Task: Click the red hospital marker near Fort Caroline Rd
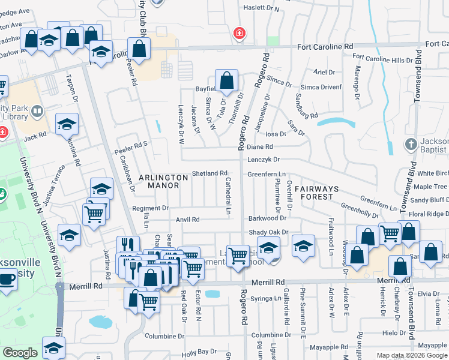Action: [x=240, y=32]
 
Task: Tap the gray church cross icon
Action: [x=411, y=144]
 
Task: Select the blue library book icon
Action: [x=37, y=112]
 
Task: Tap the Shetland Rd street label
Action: [x=209, y=173]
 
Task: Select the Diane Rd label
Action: [x=260, y=147]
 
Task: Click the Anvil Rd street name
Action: [x=187, y=220]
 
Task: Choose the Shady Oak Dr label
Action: [x=268, y=233]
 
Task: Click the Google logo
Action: [x=20, y=353]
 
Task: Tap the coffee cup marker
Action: [x=7, y=279]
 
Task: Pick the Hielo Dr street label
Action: [x=394, y=332]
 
